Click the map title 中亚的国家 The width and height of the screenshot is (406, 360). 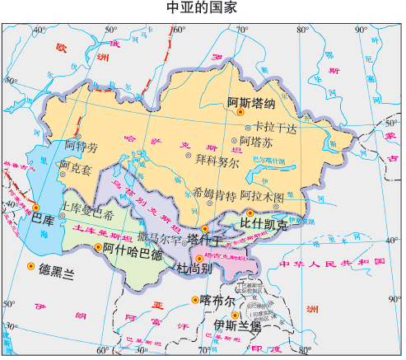[202, 9]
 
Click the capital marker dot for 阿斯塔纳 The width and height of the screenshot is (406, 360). [240, 112]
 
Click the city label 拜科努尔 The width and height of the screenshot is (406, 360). [217, 161]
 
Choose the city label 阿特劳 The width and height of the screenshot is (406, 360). [82, 147]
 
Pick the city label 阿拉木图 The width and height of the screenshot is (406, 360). [268, 198]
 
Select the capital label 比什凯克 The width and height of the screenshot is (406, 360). [264, 222]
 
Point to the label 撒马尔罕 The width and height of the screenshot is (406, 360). [161, 238]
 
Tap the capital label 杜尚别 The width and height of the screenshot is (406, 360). [195, 269]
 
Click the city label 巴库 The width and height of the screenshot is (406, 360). [43, 220]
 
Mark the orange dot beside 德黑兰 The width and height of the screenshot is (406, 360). [30, 266]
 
